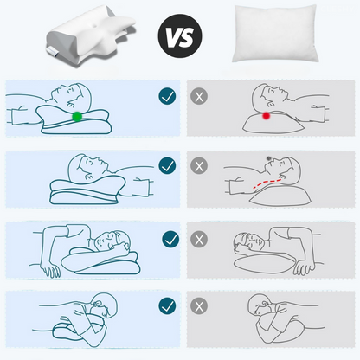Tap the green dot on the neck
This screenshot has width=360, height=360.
click(77, 116)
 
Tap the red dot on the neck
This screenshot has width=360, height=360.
click(267, 114)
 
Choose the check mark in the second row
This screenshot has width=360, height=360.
click(167, 164)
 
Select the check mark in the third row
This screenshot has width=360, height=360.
click(167, 235)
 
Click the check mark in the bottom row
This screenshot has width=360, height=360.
click(167, 305)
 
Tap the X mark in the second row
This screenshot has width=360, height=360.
click(200, 164)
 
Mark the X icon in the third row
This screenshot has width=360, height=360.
click(200, 235)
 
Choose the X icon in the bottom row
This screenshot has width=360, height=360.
click(200, 305)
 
